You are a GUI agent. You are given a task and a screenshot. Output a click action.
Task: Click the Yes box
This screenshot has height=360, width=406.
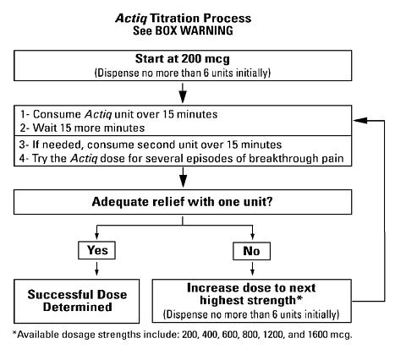[96, 250]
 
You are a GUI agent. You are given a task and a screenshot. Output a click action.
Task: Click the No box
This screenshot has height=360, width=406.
[251, 251]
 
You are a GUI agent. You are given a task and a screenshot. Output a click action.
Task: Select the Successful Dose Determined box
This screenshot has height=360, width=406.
[77, 301]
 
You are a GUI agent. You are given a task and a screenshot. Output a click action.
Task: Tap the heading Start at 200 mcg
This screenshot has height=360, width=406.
[183, 59]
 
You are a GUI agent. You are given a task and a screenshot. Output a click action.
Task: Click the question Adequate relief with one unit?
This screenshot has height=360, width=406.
[183, 202]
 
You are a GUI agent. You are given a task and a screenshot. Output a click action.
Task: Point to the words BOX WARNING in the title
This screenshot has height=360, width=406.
[195, 30]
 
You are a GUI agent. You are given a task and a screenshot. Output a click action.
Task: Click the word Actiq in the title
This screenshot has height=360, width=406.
[131, 19]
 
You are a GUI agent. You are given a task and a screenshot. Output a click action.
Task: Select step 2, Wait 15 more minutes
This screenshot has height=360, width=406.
[82, 128]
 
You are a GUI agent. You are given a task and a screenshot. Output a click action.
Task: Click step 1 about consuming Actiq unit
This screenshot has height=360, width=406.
[118, 114]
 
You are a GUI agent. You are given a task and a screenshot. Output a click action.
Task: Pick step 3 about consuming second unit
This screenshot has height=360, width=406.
[151, 145]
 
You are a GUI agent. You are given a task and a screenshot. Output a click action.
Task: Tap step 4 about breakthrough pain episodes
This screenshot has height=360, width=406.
[182, 158]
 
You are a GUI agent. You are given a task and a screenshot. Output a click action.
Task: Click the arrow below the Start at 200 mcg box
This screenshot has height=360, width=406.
[183, 93]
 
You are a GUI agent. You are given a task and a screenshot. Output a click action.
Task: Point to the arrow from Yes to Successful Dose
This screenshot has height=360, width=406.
[96, 269]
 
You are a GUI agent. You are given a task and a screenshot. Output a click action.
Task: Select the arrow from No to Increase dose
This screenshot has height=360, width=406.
[252, 269]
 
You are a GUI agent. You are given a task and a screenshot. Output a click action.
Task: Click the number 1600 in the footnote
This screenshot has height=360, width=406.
[318, 335]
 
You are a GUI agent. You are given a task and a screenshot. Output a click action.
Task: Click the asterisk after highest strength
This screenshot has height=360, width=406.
[299, 298]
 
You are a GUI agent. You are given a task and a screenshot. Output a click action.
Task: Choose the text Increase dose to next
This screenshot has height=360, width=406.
[251, 288]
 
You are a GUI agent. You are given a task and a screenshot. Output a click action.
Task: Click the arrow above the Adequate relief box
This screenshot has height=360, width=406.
[184, 177]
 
